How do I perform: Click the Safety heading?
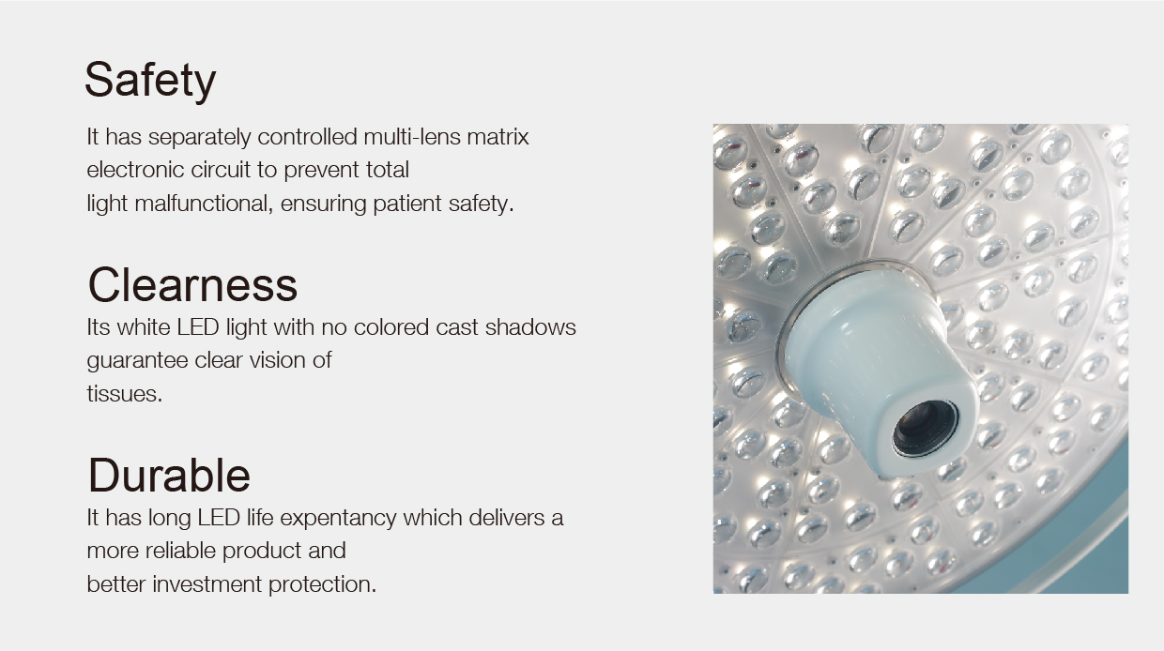(x=150, y=81)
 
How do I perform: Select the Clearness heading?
(x=192, y=284)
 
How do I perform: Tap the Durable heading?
(x=169, y=475)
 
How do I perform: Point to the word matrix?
(x=498, y=137)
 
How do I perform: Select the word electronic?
(x=135, y=170)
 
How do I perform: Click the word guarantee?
(x=137, y=361)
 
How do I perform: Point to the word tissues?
(x=125, y=394)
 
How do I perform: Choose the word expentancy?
(x=338, y=519)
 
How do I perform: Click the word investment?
(x=207, y=584)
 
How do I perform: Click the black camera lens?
(x=925, y=429)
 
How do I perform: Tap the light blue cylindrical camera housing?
(x=879, y=369)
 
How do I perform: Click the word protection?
(x=322, y=585)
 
